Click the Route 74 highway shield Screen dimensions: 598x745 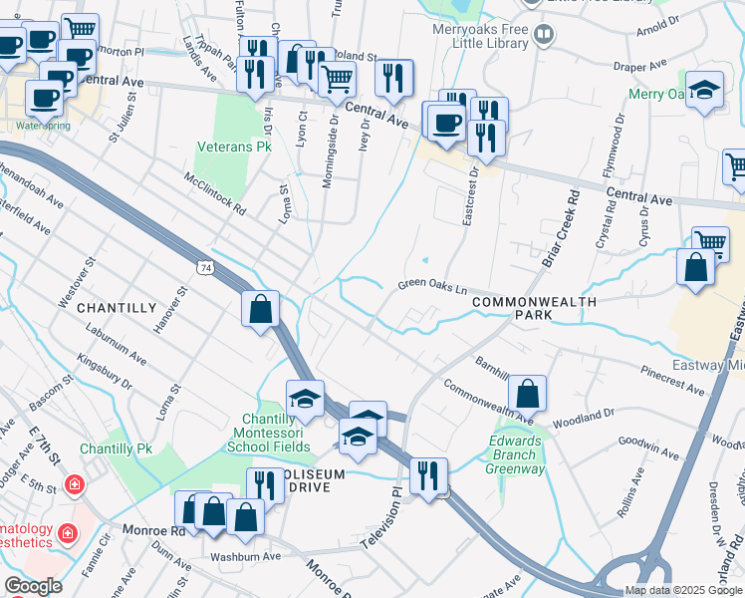(205, 268)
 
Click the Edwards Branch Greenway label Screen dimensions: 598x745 (518, 454)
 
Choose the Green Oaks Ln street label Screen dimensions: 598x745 (432, 285)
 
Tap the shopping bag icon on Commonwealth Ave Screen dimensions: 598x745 (528, 394)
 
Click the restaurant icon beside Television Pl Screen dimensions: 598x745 (428, 475)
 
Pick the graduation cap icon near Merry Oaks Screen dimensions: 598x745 (704, 91)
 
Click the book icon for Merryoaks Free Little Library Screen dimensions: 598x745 (543, 37)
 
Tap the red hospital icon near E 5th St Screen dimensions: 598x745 (74, 486)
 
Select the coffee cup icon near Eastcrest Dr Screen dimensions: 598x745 (445, 123)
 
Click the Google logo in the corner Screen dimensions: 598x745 (33, 586)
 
